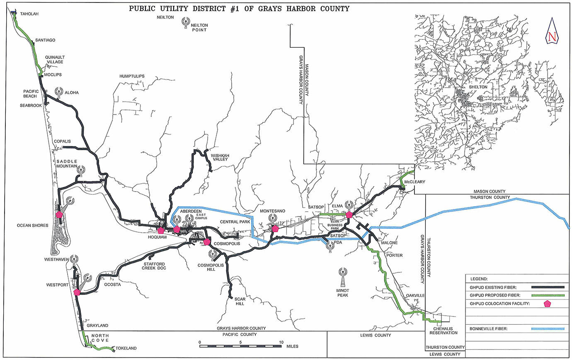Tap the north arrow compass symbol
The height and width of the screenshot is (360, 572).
[x=552, y=32]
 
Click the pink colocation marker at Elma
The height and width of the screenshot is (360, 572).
[x=349, y=214]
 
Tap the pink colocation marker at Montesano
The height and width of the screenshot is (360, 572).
[x=275, y=228]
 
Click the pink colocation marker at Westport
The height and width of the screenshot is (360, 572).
[x=77, y=292]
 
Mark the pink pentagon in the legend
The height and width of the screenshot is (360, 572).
[x=548, y=304]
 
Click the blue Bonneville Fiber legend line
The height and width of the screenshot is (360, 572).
[x=548, y=329]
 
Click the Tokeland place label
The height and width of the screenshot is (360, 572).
[x=126, y=348]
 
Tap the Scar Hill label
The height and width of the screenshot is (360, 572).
[x=239, y=301]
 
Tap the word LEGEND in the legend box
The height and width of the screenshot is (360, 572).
[x=479, y=279]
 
